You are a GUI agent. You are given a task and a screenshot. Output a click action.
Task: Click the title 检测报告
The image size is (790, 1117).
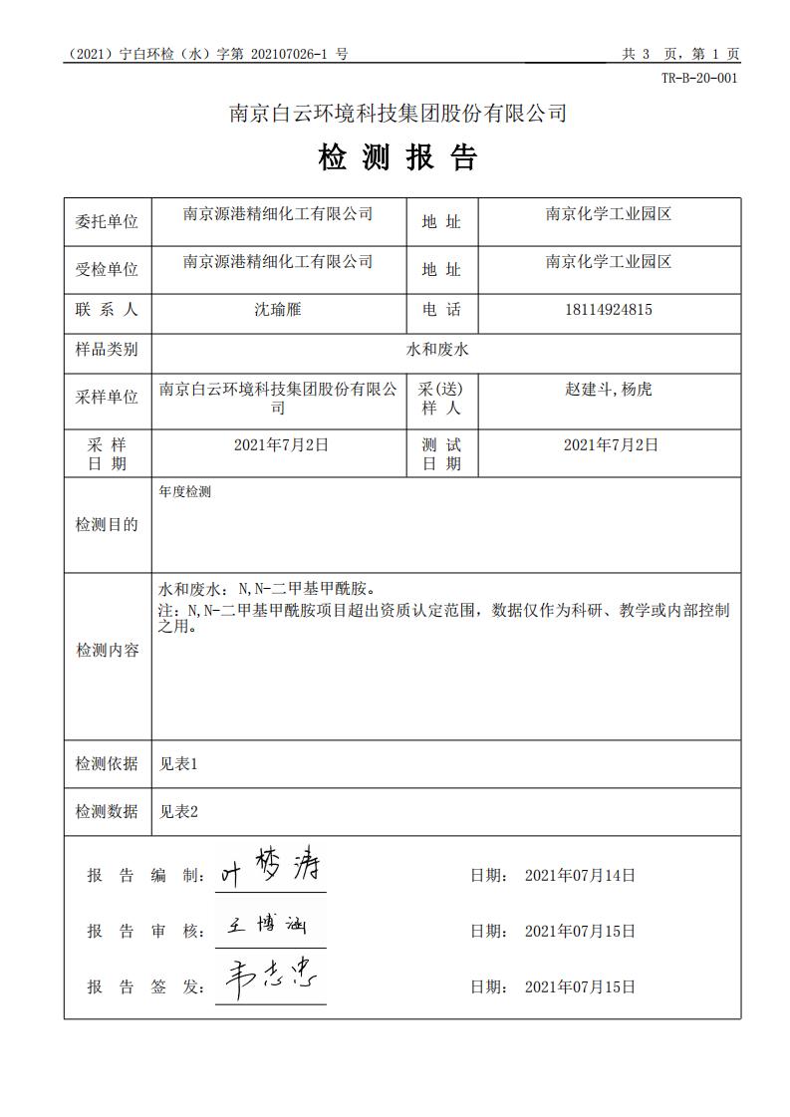point(397,158)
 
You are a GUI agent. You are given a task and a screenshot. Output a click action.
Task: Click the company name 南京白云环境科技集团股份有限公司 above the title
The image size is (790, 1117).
point(397,114)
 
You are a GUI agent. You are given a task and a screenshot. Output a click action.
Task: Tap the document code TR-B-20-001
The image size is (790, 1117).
point(699,79)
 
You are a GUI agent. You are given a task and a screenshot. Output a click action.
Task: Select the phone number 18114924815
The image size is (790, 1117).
point(609,309)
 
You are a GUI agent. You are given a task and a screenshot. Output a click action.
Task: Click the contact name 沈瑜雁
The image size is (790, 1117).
point(277,309)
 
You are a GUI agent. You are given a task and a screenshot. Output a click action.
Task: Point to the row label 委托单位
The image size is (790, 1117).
point(107,221)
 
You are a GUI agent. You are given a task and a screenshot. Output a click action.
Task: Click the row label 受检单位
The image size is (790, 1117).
point(107,269)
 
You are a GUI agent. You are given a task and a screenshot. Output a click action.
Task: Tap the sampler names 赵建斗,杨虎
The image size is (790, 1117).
point(609,389)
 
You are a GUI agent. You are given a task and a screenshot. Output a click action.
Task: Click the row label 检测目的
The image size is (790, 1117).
point(107,524)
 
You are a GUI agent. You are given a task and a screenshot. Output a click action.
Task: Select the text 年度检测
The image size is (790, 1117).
point(184,491)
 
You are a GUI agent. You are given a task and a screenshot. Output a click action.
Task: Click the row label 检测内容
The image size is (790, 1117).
point(107,651)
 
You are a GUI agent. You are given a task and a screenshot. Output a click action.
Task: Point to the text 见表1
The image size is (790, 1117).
point(179,764)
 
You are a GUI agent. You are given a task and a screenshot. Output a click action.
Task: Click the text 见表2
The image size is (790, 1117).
point(179,811)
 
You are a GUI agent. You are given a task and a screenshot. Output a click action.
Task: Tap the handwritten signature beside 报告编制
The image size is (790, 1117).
point(271,869)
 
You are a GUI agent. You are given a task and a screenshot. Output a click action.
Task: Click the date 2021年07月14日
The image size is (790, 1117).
point(580,875)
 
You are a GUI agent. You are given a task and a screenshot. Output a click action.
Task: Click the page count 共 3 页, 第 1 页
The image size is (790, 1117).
point(680,55)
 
